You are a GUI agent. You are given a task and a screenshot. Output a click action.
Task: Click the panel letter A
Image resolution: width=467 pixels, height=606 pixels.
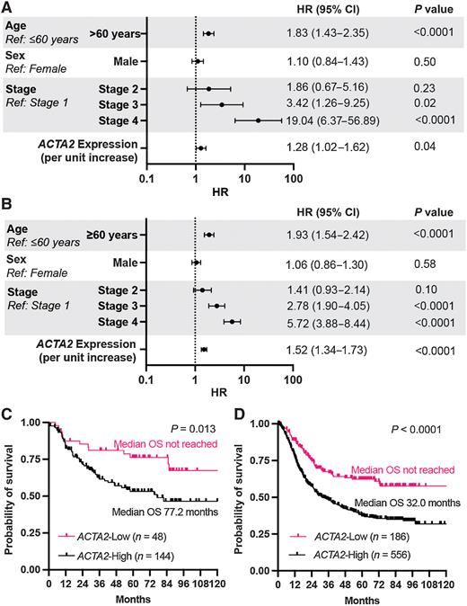[x=6, y=7]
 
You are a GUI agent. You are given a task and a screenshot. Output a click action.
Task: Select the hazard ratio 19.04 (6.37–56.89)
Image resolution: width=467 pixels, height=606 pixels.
[x=339, y=120]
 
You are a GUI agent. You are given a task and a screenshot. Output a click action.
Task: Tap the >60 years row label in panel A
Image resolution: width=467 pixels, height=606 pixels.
[x=113, y=33]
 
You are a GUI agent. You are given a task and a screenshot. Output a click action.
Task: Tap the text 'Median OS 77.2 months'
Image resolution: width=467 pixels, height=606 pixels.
[x=168, y=510]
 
